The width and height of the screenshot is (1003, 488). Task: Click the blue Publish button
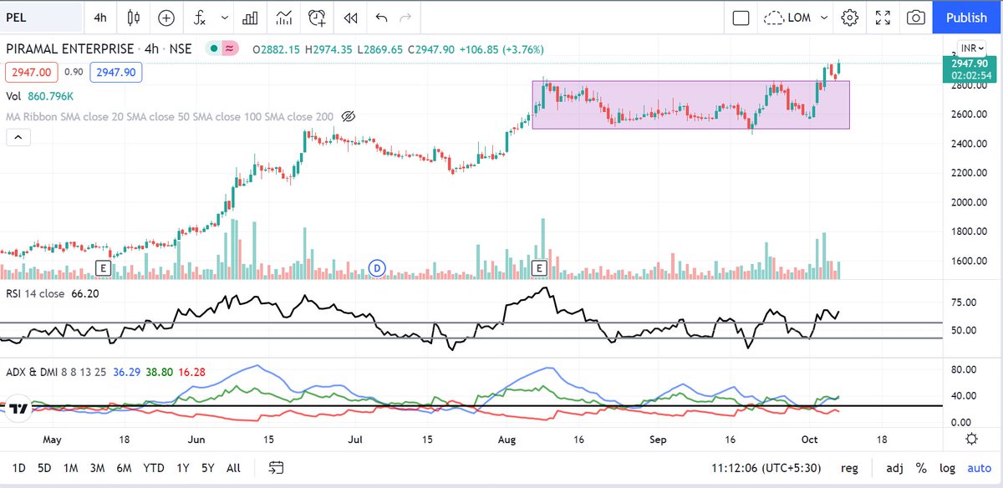pos(966,18)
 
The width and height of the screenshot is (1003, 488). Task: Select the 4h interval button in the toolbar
pos(100,18)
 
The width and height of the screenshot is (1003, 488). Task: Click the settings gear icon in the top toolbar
pos(850,18)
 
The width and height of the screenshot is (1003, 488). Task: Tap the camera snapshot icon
pos(916,18)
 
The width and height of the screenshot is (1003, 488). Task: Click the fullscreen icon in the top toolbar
pos(883,18)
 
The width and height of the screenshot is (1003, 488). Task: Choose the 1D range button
pos(18,468)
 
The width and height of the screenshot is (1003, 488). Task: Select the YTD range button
pos(153,468)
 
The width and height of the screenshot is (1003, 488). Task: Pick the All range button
pos(234,468)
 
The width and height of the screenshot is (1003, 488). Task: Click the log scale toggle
pos(947,468)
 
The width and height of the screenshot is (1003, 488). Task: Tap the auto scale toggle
pos(979,468)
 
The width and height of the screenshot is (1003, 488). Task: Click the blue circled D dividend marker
pos(377,267)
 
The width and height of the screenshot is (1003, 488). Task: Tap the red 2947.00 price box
pos(29,73)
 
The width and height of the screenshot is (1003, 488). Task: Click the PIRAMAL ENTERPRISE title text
pos(69,49)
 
